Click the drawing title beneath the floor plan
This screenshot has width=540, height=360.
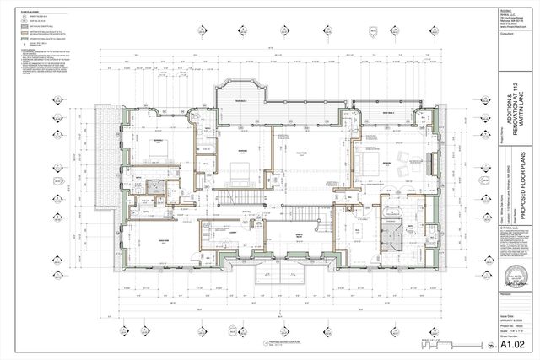click(282, 343)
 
